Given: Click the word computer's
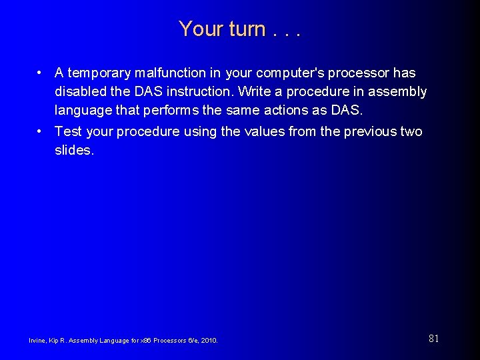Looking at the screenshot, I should click(x=294, y=73).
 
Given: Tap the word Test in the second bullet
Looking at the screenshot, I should click(x=68, y=131).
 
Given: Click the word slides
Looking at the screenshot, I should click(x=75, y=150).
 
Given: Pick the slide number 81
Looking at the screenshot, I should click(x=433, y=339).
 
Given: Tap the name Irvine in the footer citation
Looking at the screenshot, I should click(x=37, y=341).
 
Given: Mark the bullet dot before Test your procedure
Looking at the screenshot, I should click(x=41, y=131).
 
